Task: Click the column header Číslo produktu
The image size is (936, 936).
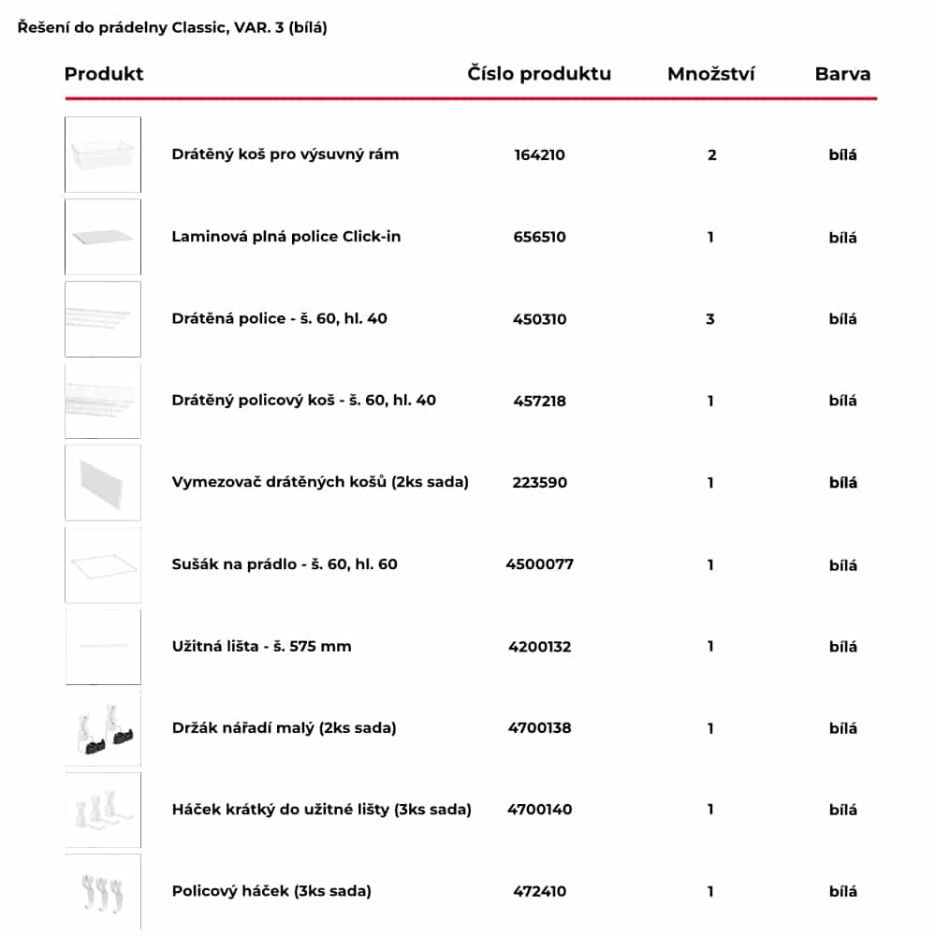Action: click(x=539, y=74)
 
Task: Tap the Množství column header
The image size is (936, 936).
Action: click(x=710, y=74)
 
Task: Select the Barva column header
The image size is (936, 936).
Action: click(x=842, y=74)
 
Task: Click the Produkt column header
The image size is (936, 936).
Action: click(x=104, y=74)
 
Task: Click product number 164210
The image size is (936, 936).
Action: click(x=539, y=154)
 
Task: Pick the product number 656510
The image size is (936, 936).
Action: click(x=539, y=237)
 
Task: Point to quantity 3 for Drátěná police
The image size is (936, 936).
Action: click(x=710, y=319)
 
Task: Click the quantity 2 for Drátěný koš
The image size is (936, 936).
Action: click(x=711, y=154)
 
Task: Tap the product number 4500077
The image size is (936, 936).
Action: click(x=539, y=564)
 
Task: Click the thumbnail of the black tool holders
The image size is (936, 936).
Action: click(x=103, y=727)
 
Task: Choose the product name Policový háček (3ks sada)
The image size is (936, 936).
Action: click(x=271, y=891)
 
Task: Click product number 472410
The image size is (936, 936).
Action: click(x=539, y=891)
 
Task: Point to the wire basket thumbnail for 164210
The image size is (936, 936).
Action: click(x=103, y=154)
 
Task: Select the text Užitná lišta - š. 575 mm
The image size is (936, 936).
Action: click(x=262, y=646)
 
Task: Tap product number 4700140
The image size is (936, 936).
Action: click(x=539, y=810)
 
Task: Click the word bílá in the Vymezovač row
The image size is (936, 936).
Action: click(x=842, y=483)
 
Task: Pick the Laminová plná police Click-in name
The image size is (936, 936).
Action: click(x=286, y=237)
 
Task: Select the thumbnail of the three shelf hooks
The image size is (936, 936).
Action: click(x=103, y=891)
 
